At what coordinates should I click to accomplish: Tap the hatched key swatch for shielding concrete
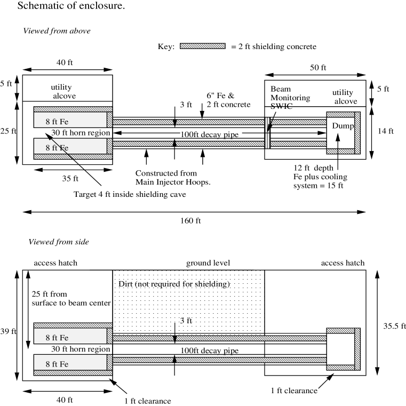[x=203, y=46]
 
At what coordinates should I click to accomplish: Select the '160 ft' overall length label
[x=192, y=220]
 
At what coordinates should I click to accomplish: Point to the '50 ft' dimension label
[x=317, y=68]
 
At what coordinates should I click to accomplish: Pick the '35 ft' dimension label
[x=68, y=179]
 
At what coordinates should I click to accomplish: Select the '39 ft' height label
[x=9, y=331]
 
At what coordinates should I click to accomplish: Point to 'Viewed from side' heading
[x=58, y=242]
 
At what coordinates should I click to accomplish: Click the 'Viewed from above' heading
[x=57, y=30]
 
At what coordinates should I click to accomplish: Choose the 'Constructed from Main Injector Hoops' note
[x=166, y=178]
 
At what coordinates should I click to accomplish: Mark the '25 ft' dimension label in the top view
[x=8, y=130]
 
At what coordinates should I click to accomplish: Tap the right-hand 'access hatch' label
[x=343, y=263]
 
